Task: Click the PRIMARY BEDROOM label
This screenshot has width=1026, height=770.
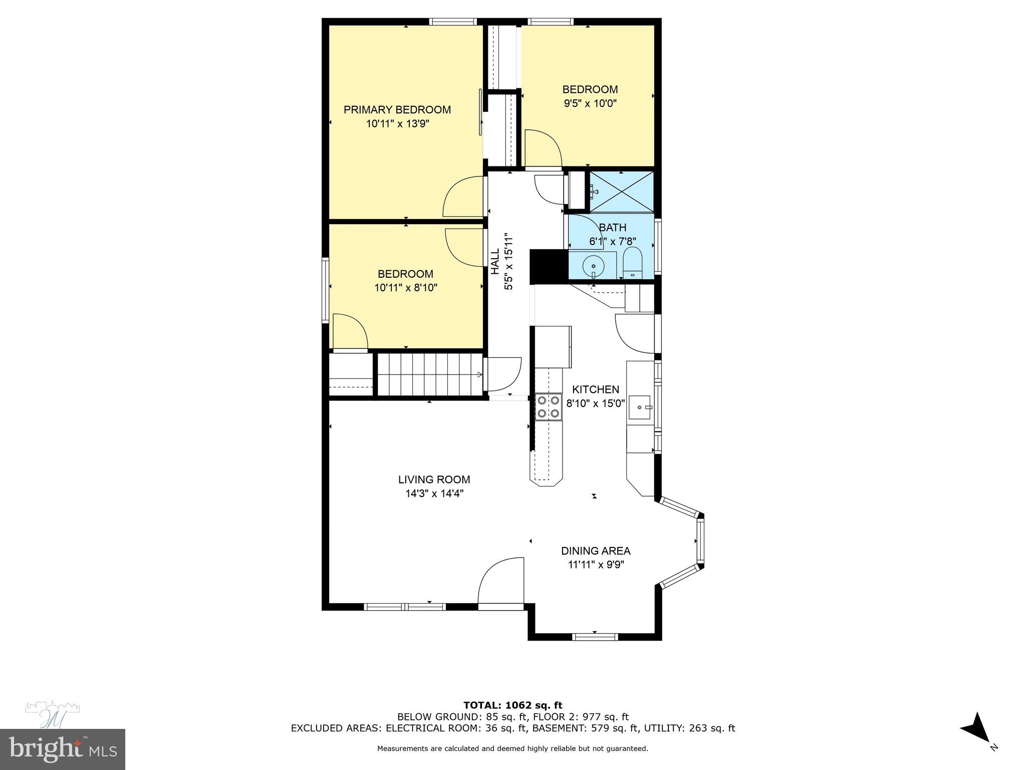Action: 397,110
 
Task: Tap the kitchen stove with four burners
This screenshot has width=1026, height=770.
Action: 548,407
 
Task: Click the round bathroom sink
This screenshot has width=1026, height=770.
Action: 594,265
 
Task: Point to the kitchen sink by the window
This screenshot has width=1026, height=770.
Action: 640,407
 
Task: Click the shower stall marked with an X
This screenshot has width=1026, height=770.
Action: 621,192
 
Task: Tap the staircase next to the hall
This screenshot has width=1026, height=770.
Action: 429,374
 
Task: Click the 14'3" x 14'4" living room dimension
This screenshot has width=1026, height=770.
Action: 434,493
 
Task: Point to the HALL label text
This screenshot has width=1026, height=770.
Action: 495,261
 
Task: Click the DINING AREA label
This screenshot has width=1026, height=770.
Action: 595,551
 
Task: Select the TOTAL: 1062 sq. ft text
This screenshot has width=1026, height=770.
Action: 512,705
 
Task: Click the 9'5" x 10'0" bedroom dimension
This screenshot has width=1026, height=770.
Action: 590,103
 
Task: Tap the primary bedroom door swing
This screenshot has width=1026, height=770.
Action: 462,198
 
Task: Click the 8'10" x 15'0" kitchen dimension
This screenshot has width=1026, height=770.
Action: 595,403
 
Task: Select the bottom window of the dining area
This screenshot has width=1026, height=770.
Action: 595,637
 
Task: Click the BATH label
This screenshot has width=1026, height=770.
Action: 612,228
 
